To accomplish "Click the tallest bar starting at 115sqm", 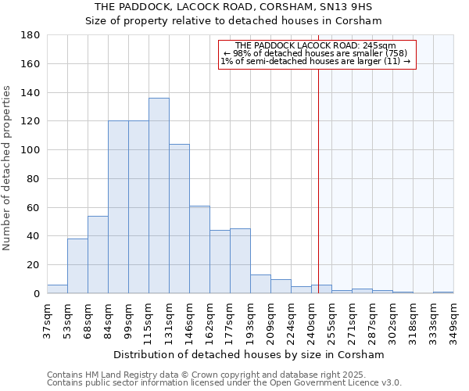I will click(159, 195).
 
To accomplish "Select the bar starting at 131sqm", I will click(179, 219).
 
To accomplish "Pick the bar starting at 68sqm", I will click(98, 255).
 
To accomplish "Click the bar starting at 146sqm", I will click(199, 249).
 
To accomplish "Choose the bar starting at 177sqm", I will click(240, 261).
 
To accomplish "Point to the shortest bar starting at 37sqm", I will click(57, 289).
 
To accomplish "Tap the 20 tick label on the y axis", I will click(34, 265).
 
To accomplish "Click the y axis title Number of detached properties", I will click(8, 179).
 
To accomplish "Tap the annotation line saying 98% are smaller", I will click(315, 53).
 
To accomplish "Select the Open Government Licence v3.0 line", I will click(224, 382).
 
